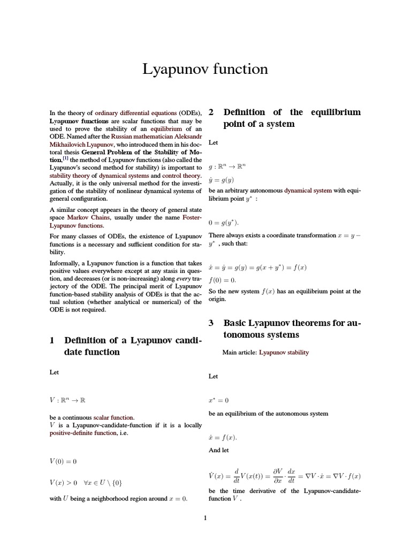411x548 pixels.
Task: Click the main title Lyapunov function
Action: (x=205, y=69)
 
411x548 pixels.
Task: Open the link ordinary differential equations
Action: (x=135, y=113)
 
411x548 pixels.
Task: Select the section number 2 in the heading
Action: (x=211, y=112)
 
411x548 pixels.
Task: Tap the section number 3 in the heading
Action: (x=211, y=323)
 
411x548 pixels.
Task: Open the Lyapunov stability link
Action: (x=284, y=353)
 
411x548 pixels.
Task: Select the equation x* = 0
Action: (x=218, y=400)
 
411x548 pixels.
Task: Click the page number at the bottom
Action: (x=205, y=517)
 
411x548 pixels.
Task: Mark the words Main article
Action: (x=239, y=353)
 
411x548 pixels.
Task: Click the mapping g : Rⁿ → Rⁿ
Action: (x=227, y=166)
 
